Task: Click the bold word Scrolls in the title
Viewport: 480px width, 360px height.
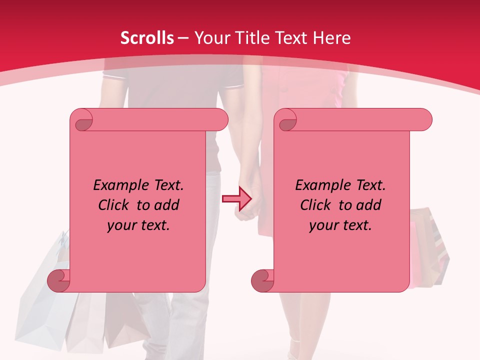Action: point(147,38)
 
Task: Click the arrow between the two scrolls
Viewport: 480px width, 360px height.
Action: point(236,198)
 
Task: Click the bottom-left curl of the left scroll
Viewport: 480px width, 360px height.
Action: point(59,280)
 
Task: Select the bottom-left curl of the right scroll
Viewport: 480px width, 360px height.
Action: point(262,280)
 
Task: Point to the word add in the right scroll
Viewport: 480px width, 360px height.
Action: point(369,205)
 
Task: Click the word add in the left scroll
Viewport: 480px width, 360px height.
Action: point(167,205)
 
